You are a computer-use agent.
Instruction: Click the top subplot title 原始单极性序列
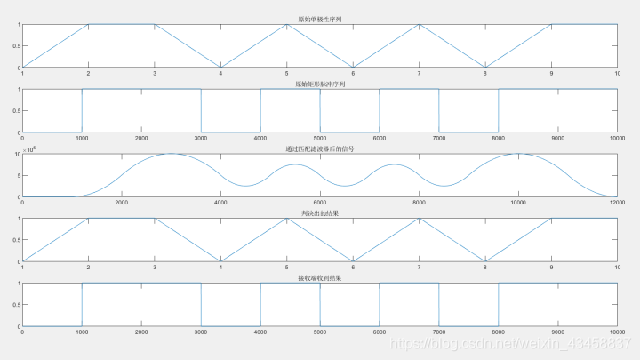tap(319, 18)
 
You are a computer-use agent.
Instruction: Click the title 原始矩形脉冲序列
tap(319, 84)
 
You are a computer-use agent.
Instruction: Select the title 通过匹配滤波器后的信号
tap(319, 148)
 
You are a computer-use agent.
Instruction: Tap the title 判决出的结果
tap(319, 213)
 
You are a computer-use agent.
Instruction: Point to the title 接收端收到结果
tap(319, 278)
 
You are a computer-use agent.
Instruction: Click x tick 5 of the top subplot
tap(286, 73)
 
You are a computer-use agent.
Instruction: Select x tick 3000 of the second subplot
tap(201, 139)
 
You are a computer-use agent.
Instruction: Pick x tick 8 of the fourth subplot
tap(485, 268)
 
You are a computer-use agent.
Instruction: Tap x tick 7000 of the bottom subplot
tap(438, 332)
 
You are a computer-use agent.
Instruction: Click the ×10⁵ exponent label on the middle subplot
tap(29, 149)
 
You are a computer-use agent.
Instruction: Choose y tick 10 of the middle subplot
tap(18, 155)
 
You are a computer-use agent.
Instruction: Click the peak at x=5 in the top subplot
tap(286, 25)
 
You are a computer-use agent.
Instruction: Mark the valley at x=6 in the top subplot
tap(353, 68)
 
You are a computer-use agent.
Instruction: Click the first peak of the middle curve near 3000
tap(172, 154)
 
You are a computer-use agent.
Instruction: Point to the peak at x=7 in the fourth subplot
tap(419, 219)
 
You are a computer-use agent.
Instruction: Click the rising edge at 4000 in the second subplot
tap(260, 111)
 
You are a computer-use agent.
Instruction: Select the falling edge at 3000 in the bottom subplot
tap(201, 305)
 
